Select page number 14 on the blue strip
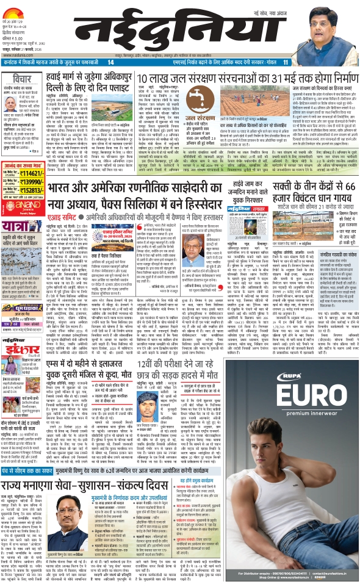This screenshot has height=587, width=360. point(110,62)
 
